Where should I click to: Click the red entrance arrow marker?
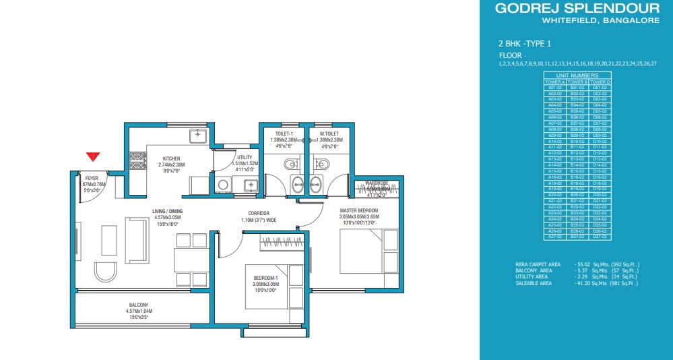94,157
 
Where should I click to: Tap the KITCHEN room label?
170,159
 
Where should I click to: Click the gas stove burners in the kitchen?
138,161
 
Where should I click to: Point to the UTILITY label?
245,156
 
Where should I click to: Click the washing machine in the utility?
223,183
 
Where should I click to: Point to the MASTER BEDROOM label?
358,211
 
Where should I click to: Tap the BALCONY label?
140,305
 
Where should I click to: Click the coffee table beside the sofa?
109,236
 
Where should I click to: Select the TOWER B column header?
577,82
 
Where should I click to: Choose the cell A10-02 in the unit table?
554,141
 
